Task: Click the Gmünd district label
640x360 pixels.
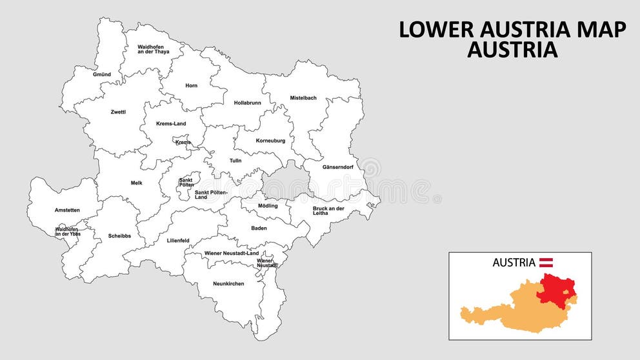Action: tap(102, 74)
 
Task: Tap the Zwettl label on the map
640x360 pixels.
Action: tap(118, 112)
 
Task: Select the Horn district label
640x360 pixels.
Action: tap(192, 85)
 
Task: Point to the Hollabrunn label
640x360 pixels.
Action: tap(247, 103)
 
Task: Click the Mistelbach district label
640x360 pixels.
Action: tap(303, 97)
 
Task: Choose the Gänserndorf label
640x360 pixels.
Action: tap(338, 167)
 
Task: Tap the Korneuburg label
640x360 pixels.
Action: tap(270, 140)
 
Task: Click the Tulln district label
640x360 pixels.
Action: tap(235, 161)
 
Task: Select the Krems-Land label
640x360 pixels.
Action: tap(171, 123)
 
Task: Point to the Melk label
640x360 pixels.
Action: tap(136, 183)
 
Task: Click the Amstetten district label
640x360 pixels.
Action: tap(67, 210)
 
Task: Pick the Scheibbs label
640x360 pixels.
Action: tap(119, 235)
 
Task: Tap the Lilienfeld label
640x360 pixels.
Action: tap(178, 240)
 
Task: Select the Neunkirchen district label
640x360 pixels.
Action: tap(228, 283)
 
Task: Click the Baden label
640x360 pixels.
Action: tap(259, 228)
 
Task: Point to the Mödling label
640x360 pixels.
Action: tap(268, 206)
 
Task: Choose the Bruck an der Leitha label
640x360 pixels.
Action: tap(328, 210)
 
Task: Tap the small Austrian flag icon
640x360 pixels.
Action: tap(546, 262)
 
